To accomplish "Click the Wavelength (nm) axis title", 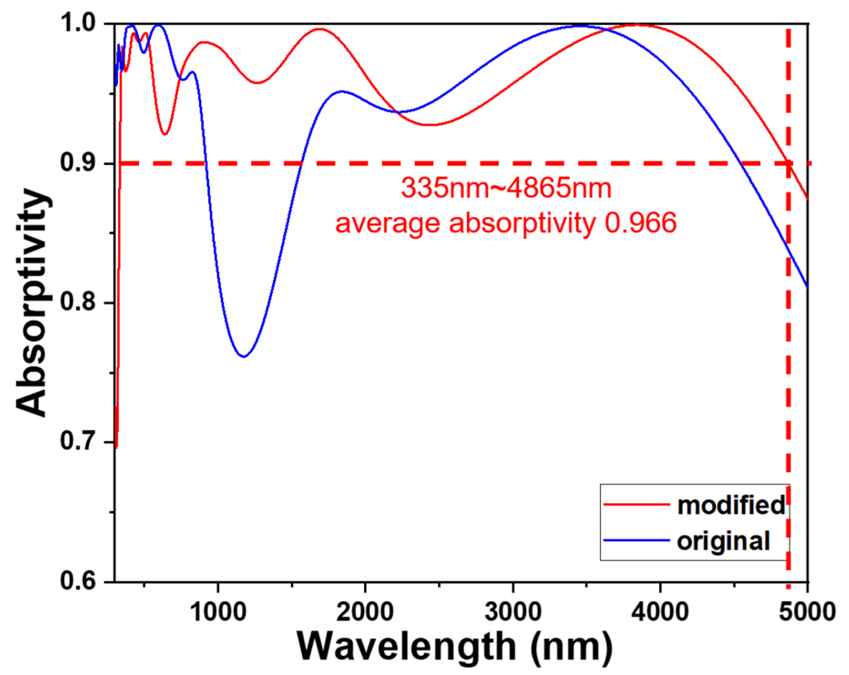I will coord(454,648).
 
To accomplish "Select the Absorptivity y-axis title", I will coord(33,302).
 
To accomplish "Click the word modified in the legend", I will coord(731,505).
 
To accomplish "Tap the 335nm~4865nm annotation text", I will coord(506,188).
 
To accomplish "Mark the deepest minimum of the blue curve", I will coord(244,357).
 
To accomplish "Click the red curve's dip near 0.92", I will coord(165,134).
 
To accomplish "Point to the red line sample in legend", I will coord(636,504).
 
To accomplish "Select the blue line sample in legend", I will coord(636,540).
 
